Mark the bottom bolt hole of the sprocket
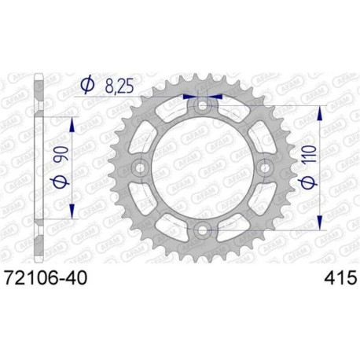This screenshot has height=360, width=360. tap(204, 230)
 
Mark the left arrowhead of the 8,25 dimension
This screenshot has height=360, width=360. tap(191, 98)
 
